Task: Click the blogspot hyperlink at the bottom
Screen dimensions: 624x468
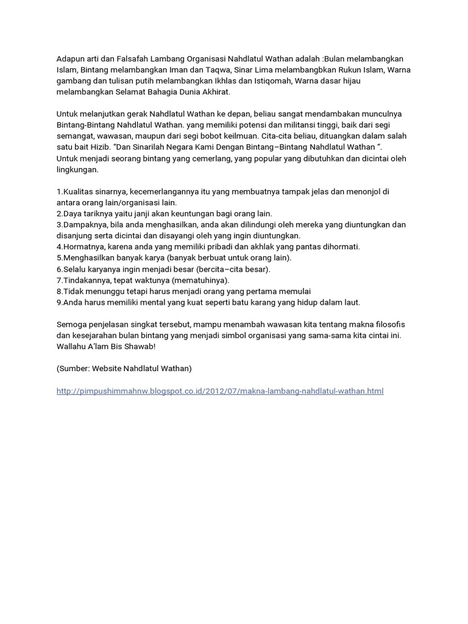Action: (220, 391)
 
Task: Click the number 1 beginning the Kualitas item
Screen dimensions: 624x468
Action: (58, 191)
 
